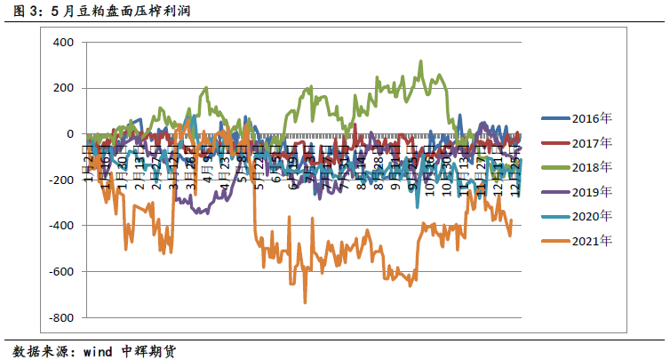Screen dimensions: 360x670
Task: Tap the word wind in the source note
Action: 97,350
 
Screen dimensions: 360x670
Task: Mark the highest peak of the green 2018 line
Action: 420,61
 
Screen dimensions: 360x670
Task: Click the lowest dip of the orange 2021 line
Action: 305,302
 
